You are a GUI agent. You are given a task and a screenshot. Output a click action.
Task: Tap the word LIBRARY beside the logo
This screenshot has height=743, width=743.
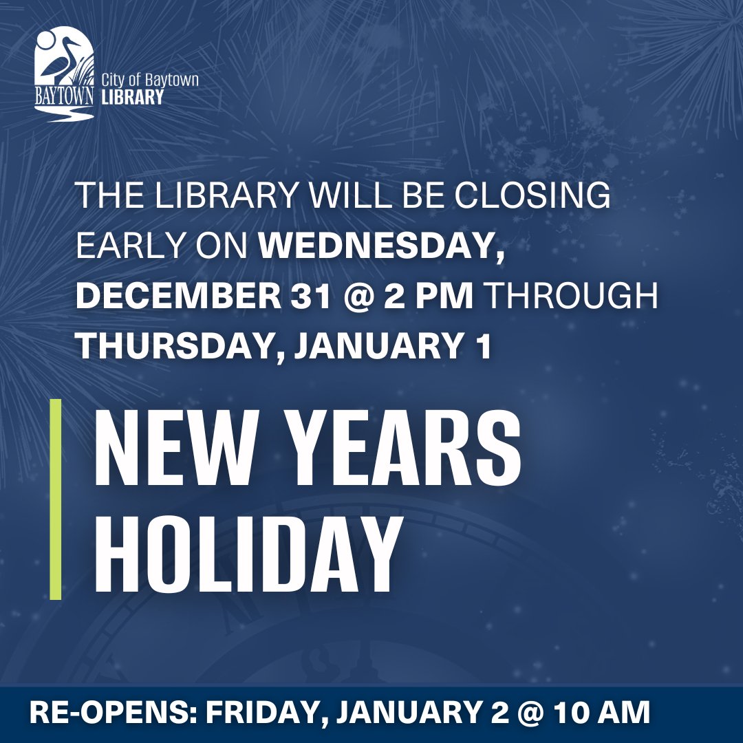point(132,97)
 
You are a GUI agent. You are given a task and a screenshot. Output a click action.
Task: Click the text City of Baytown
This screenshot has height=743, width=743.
point(150,80)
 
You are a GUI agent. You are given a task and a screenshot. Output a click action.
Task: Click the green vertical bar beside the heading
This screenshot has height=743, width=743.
point(56,498)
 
